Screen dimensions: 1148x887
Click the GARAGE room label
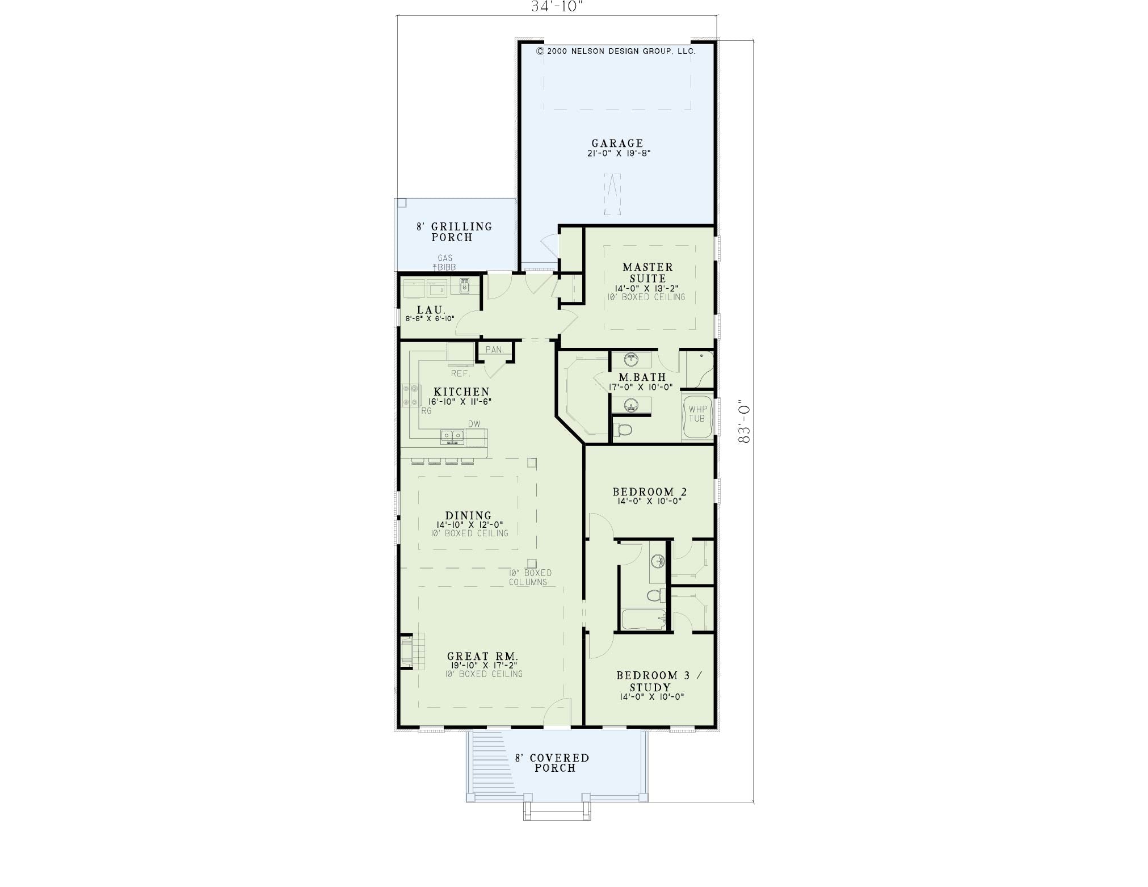coord(617,144)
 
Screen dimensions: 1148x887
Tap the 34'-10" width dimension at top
coord(557,6)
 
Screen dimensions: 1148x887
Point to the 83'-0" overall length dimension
coord(745,423)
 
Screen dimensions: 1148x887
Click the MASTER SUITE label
coord(647,272)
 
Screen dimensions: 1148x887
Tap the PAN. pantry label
coord(494,350)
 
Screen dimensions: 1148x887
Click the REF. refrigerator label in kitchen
coord(461,373)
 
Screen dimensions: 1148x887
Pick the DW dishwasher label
coord(474,424)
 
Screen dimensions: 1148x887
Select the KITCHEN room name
coord(461,392)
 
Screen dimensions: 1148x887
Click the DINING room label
coord(468,516)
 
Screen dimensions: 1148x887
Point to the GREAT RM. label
coord(482,656)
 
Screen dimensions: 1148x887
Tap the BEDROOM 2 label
coord(650,491)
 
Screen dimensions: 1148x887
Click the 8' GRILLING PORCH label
coord(454,232)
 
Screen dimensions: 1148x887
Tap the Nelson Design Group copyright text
coord(616,51)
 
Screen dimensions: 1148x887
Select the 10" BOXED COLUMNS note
coord(529,577)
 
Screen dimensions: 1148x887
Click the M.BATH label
coord(642,377)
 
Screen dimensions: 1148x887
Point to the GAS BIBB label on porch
coord(445,263)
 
